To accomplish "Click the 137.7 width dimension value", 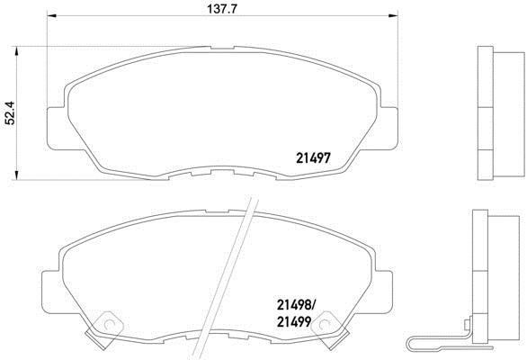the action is coord(222,8).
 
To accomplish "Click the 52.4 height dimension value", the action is coord(10,113).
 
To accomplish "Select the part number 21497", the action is coord(313,157).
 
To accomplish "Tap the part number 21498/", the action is coord(295,305).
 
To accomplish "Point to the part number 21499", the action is coord(293,322).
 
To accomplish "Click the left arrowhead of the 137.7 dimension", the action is coord(51,15).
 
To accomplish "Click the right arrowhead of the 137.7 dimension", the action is coord(393,15).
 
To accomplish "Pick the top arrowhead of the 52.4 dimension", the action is coord(16,51).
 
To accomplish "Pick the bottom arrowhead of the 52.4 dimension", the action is coord(16,175).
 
